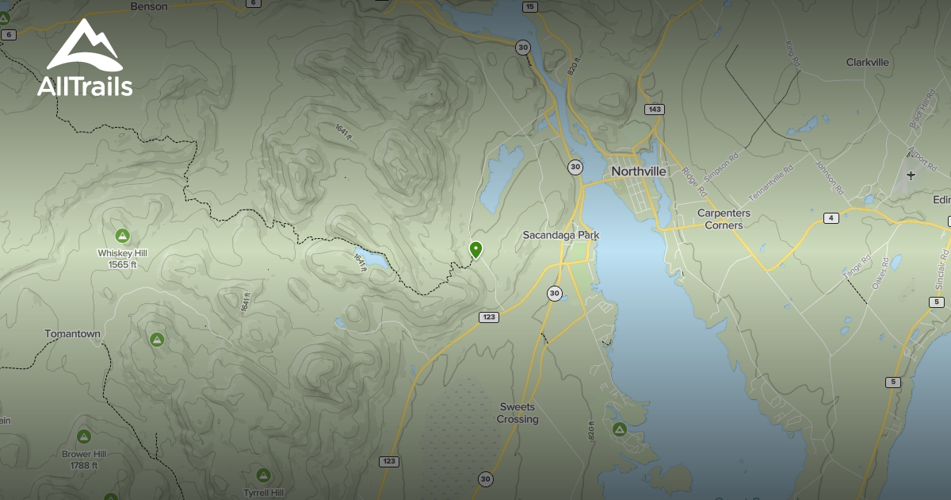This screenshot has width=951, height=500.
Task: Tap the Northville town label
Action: click(x=638, y=171)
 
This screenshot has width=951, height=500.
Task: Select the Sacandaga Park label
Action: click(x=560, y=235)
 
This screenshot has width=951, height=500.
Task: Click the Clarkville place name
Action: click(x=867, y=62)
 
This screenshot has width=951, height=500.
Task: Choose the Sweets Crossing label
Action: click(x=518, y=413)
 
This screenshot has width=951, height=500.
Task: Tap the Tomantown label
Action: click(x=72, y=334)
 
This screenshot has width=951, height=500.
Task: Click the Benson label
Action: click(x=149, y=6)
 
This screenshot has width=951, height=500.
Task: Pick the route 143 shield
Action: click(x=654, y=110)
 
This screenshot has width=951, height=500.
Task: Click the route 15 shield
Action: click(x=529, y=6)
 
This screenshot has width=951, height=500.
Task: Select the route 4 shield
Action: click(x=831, y=218)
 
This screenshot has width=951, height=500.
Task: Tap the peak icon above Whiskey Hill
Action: click(x=122, y=235)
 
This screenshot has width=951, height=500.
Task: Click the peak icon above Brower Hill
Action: click(x=83, y=437)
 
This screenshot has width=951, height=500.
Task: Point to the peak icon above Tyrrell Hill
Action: click(x=264, y=475)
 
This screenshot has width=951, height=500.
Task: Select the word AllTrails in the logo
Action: click(x=85, y=87)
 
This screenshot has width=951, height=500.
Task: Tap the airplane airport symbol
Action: click(x=911, y=175)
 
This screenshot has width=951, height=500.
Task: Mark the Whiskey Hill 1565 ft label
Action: click(x=122, y=258)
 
